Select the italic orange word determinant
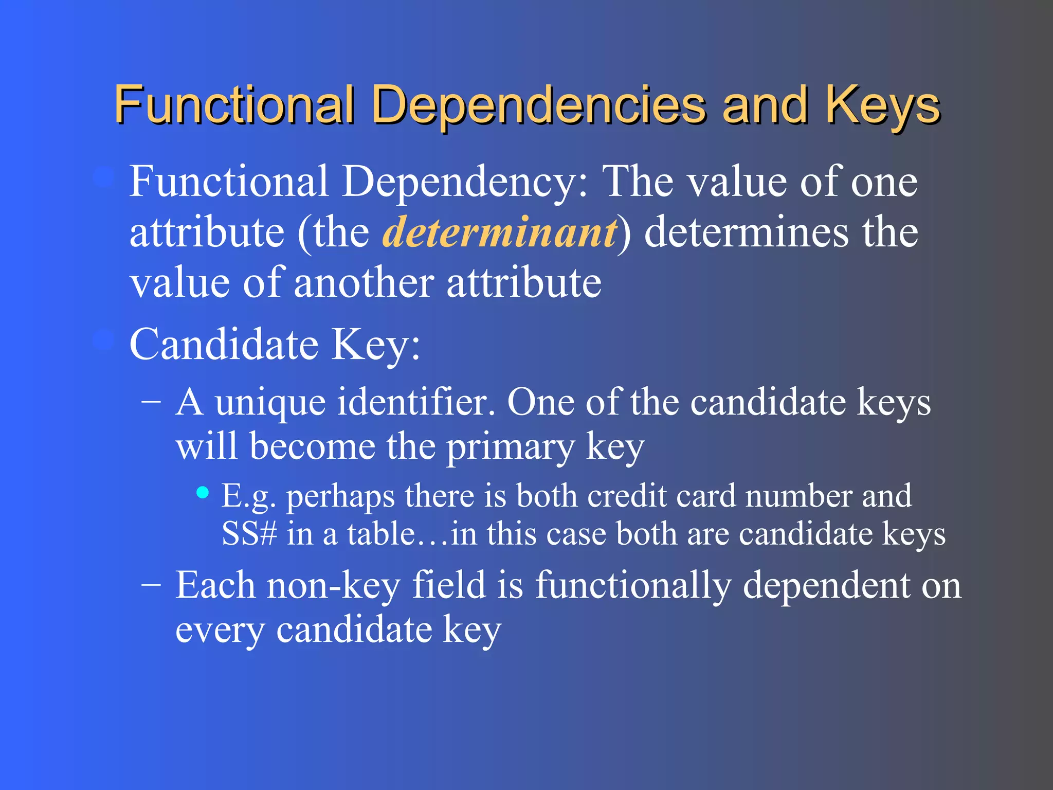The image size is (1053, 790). tap(500, 232)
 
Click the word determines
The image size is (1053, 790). tap(746, 232)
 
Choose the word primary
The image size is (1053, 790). tap(510, 447)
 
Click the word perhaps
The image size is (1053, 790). tap(340, 496)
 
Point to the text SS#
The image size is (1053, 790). tap(249, 534)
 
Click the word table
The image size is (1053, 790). tap(381, 534)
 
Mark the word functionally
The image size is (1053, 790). tap(633, 585)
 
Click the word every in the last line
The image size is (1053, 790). tap(220, 630)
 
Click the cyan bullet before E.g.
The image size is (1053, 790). tap(203, 493)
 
